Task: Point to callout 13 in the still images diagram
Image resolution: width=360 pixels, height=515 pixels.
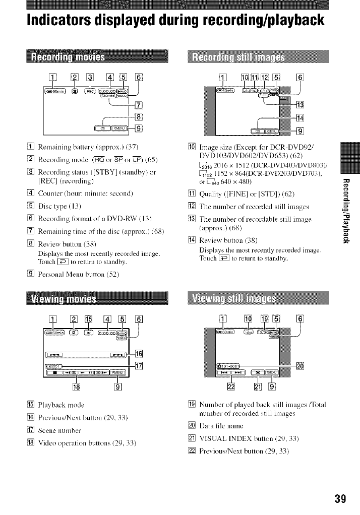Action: click(301, 105)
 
